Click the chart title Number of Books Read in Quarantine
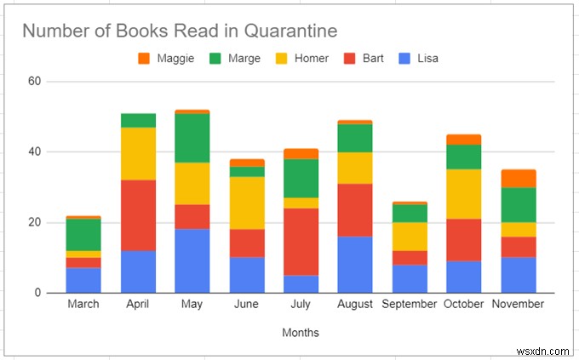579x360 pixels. (x=180, y=31)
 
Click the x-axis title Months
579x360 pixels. (x=301, y=332)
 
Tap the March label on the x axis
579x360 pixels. (x=83, y=304)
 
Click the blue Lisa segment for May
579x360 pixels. (x=192, y=260)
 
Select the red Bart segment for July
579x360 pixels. (x=301, y=242)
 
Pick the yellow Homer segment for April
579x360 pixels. (x=138, y=153)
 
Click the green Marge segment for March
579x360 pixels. (x=83, y=234)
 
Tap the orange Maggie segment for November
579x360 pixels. (x=519, y=178)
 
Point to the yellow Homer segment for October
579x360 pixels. (x=464, y=194)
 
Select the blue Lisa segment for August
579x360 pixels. (x=355, y=264)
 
